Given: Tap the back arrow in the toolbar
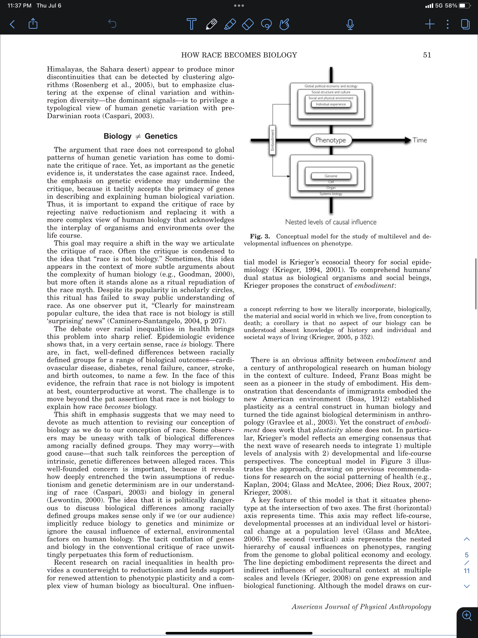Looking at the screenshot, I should tap(12, 24).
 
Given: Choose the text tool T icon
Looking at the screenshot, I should tap(191, 24).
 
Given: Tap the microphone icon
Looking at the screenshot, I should tap(350, 24).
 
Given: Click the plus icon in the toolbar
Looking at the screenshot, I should tap(429, 24).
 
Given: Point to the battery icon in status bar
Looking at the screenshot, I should tap(464, 5).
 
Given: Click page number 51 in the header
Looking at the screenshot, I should tap(427, 55).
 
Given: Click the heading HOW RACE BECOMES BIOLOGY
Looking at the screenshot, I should tap(239, 55).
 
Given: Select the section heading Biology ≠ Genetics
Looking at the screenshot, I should tap(141, 136).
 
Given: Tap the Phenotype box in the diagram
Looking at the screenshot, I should tap(331, 140).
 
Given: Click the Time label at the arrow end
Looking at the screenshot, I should tap(420, 140).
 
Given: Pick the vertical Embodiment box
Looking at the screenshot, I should tap(272, 140).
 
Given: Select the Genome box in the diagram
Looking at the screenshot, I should tap(331, 176).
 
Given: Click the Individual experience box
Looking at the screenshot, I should tap(331, 104).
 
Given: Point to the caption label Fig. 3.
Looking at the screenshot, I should tap(260, 237).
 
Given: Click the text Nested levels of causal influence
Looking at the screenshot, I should tap(331, 222).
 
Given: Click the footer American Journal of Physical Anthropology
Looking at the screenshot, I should tap(361, 607).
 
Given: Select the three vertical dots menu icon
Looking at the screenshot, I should tap(447, 24).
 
